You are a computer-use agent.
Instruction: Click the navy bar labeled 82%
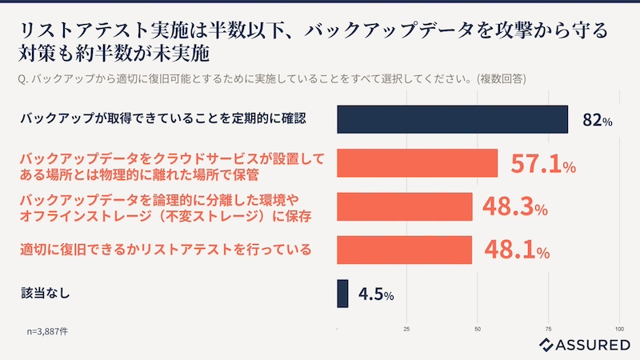pyautogui.click(x=452, y=119)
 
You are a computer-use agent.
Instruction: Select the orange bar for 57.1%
pyautogui.click(x=418, y=163)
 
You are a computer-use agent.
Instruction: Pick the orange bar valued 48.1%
pyautogui.click(x=405, y=250)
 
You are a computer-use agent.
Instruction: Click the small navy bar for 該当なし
pyautogui.click(x=343, y=293)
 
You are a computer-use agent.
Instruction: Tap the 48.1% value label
pyautogui.click(x=514, y=251)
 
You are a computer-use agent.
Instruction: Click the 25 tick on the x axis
pyautogui.click(x=407, y=329)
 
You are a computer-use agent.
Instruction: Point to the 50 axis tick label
pyautogui.click(x=478, y=329)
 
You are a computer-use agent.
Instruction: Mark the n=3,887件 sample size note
pyautogui.click(x=47, y=329)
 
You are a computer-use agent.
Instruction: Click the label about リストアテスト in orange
pyautogui.click(x=165, y=250)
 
